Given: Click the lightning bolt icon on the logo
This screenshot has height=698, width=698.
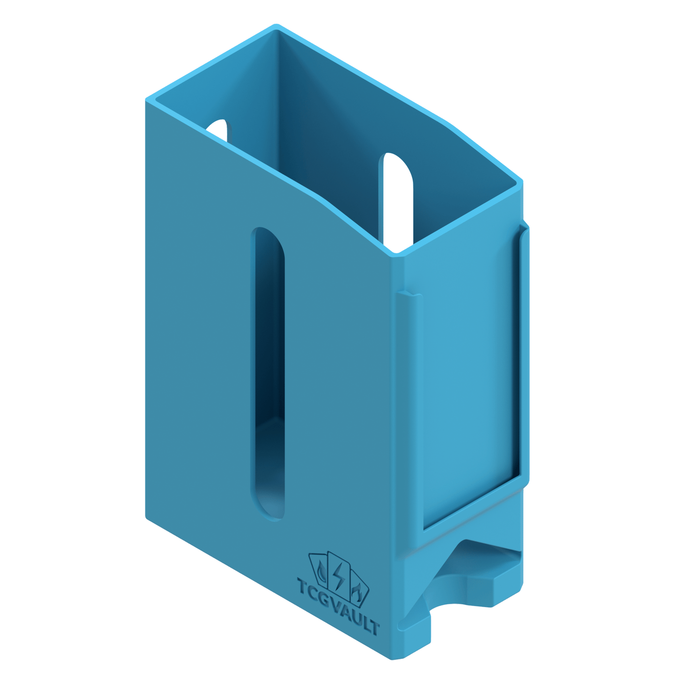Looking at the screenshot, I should [339, 575].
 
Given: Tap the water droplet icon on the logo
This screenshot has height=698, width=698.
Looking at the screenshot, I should [321, 571].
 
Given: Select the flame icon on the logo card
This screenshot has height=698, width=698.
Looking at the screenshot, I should [357, 593].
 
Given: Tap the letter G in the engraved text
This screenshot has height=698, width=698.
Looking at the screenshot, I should [325, 599].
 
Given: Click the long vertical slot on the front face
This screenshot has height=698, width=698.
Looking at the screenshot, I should [268, 372].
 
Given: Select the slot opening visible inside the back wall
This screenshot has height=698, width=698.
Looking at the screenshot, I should [398, 198].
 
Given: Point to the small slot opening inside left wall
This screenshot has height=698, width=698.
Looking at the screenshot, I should [218, 129].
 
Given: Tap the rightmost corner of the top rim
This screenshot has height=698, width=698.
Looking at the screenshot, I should [522, 182].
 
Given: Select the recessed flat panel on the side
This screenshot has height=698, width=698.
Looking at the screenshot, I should [466, 386].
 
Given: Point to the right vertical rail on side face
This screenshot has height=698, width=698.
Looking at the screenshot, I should [524, 353].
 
